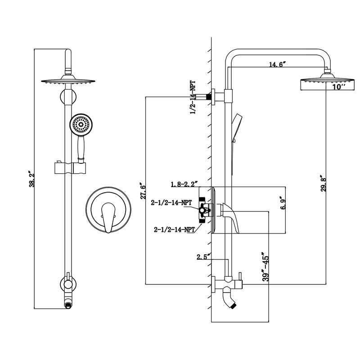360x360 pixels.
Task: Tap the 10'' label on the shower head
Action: (339, 87)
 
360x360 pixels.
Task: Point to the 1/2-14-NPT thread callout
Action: (193, 98)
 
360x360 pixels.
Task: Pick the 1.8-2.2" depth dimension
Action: (184, 184)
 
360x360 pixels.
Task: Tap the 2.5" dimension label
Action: (203, 257)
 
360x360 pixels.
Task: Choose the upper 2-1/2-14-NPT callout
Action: (173, 202)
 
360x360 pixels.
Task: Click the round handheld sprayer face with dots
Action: (81, 125)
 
